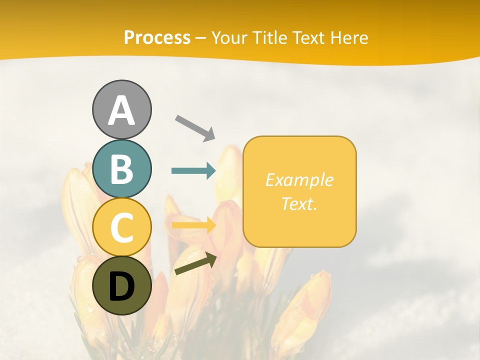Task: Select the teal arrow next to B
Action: point(193,171)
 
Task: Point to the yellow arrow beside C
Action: point(193,225)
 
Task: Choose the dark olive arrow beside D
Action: point(195,263)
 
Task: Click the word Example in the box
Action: point(299,180)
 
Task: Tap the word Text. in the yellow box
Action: point(299,203)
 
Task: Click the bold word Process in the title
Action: point(157,37)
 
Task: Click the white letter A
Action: point(122,111)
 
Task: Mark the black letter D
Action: point(121,287)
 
